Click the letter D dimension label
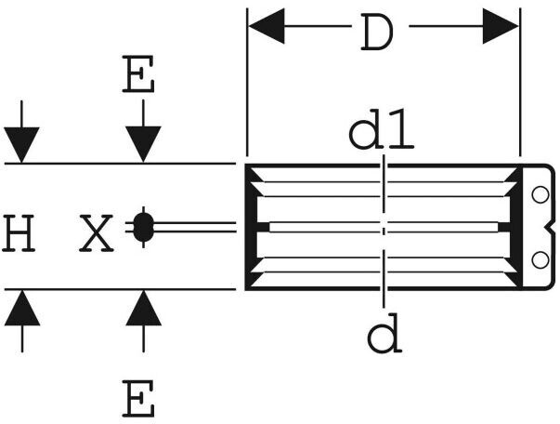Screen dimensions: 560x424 click(377, 32)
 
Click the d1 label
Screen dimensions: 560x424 click(381, 129)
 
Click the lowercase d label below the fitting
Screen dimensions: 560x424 click(384, 333)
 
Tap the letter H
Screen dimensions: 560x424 click(19, 232)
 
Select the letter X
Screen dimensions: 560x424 click(96, 232)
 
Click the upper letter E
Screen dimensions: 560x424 click(138, 74)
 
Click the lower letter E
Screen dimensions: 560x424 click(138, 399)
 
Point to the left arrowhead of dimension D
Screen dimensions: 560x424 click(267, 26)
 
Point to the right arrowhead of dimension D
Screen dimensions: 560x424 click(501, 26)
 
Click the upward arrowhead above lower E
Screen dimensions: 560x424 click(144, 308)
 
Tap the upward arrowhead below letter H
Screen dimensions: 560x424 click(22, 308)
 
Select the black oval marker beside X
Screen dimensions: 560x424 click(143, 227)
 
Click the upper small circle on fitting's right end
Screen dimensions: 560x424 click(540, 195)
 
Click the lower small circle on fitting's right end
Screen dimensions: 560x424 click(540, 260)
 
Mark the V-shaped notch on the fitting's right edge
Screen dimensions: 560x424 click(551, 227)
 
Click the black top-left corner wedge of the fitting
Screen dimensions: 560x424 click(254, 175)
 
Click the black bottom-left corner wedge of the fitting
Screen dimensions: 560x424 click(254, 279)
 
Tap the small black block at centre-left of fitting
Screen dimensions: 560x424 click(263, 227)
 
